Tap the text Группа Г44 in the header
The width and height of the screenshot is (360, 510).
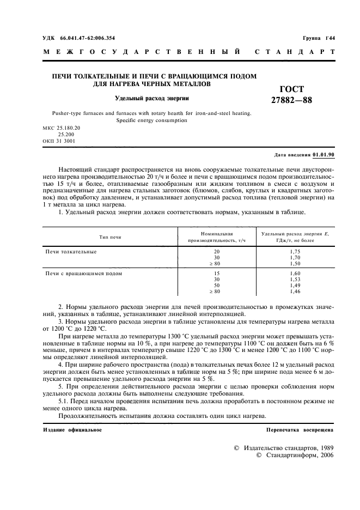(319, 38)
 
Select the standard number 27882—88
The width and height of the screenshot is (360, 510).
(291, 100)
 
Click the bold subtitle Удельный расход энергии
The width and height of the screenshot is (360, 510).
(151, 99)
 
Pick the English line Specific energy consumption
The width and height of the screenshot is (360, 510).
(151, 121)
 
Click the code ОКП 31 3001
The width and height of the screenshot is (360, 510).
(59, 141)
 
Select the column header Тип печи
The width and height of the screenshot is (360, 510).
(111, 237)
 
